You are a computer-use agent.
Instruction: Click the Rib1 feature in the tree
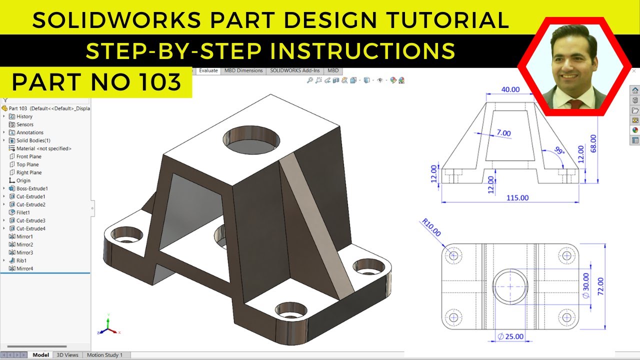pos(21,260)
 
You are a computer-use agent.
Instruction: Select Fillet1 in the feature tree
pos(23,212)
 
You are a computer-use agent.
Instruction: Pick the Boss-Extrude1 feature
pos(32,188)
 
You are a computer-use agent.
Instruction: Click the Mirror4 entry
pos(24,268)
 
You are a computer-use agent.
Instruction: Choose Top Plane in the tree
pos(27,164)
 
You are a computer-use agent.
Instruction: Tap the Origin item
pos(23,180)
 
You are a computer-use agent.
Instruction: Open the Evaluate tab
pos(208,70)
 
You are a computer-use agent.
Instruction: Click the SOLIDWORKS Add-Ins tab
pos(295,70)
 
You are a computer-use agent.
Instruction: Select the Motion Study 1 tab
pos(104,355)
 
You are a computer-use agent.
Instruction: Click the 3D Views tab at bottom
pos(67,355)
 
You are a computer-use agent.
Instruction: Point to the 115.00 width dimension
pos(517,197)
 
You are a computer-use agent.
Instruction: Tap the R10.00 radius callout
pos(431,226)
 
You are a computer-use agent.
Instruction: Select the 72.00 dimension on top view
pos(600,286)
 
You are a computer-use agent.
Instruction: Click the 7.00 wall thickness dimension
pos(503,133)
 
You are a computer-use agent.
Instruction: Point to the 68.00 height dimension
pos(593,143)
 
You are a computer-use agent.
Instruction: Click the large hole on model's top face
pos(251,137)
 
